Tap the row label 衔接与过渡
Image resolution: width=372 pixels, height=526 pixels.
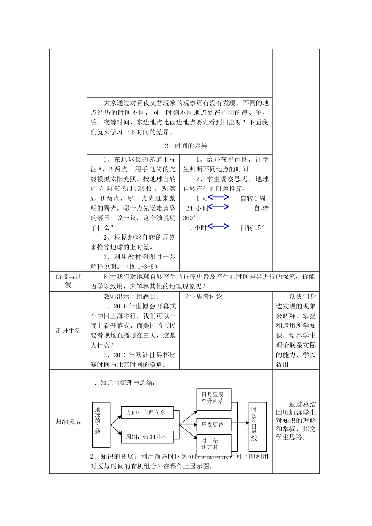coord(68,281)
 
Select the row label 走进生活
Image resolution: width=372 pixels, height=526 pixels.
coord(68,331)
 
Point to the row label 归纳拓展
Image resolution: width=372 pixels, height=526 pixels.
coord(68,422)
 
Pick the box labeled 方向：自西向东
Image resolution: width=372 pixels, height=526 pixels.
coord(147,413)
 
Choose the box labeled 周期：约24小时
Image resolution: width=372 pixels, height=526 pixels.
coord(147,437)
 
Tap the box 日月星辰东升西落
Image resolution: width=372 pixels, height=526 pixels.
coord(213,398)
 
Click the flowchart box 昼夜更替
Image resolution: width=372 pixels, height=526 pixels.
coord(213,425)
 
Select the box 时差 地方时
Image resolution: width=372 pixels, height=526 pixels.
coord(213,444)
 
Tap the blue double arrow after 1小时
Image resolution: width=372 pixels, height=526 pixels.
coord(219,226)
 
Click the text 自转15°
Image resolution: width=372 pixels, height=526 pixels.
coord(252,228)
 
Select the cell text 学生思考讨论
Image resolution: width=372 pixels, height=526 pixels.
coord(202,297)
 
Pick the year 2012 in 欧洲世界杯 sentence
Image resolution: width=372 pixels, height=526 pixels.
coord(121,355)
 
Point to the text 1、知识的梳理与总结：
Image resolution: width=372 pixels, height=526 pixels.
coord(123,383)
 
